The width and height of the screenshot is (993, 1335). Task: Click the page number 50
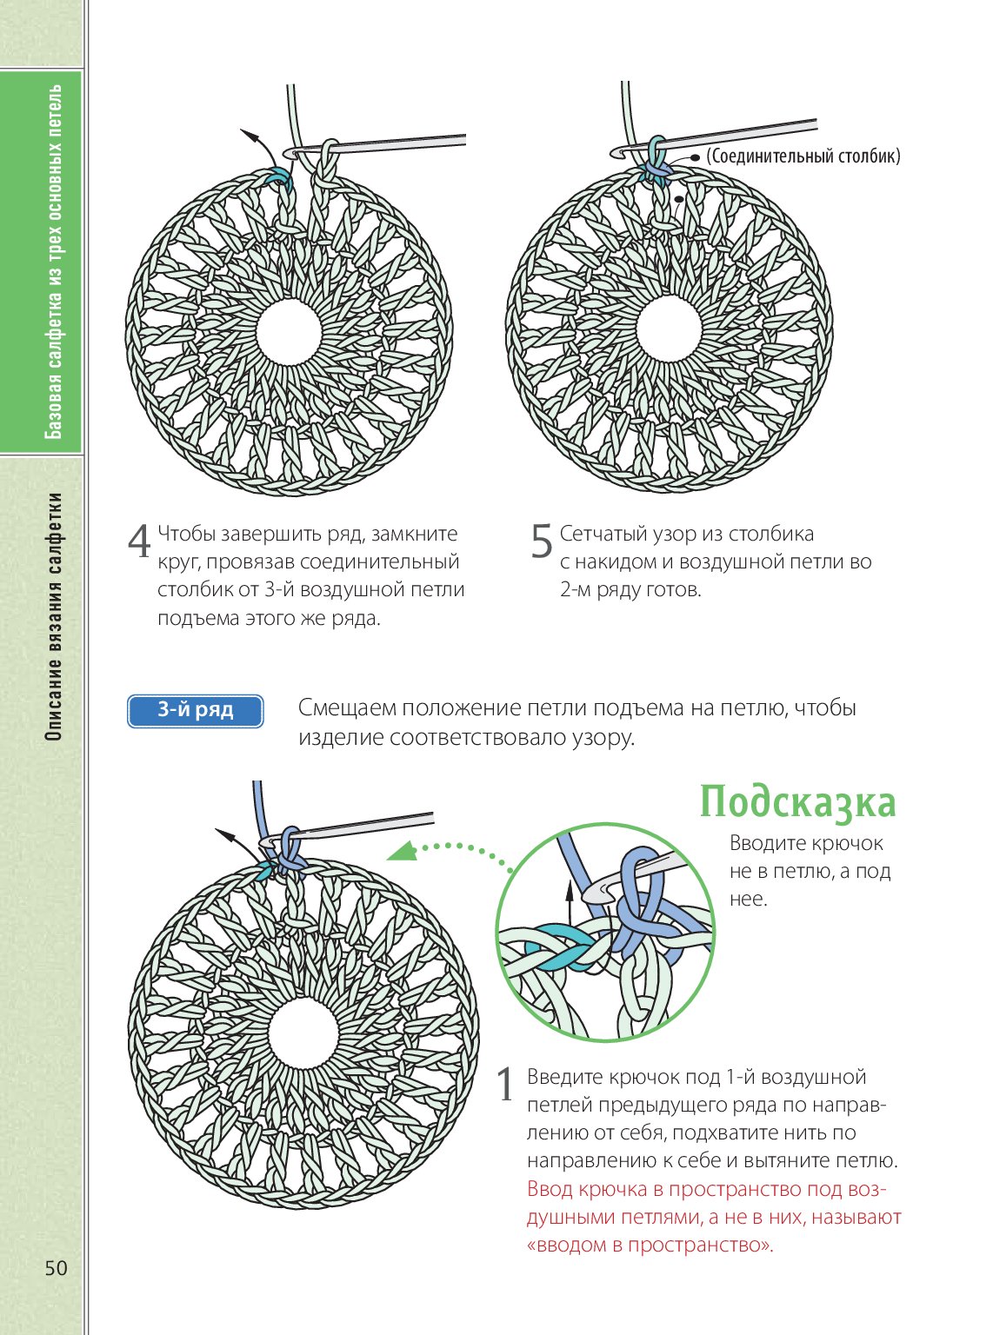point(56,1268)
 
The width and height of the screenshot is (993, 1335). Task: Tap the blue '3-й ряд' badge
point(195,711)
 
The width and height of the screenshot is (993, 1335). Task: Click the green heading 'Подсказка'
point(797,802)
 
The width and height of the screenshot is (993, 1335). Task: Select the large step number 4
point(139,543)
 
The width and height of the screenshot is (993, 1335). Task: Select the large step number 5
point(541,543)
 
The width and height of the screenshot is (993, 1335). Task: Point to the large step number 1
point(506,1086)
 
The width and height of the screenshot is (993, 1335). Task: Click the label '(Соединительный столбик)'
point(803,156)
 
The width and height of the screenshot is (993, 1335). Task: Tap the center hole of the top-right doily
point(669,329)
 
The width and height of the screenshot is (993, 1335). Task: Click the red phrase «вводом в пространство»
point(650,1245)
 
